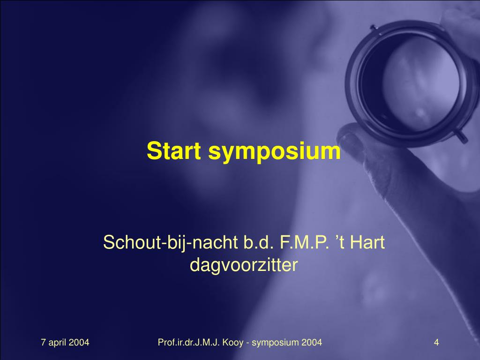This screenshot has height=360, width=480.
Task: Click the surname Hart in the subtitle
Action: coord(367,243)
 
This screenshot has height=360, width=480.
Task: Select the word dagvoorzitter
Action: coord(244,265)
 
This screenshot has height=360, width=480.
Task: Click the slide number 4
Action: coord(436,343)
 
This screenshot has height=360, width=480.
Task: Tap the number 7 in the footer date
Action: coord(44,343)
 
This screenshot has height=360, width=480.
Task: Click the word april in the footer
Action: coord(58,343)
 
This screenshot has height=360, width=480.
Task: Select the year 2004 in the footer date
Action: coord(79,343)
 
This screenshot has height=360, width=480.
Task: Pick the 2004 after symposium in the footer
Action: coord(312,343)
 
